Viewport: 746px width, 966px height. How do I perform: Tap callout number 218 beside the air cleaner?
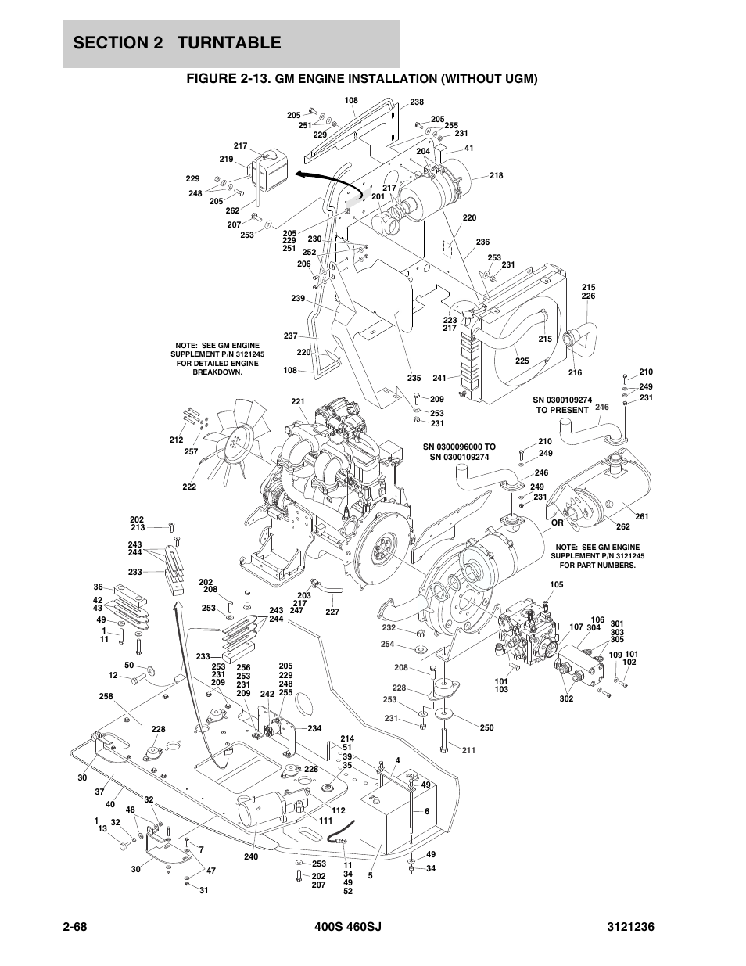coord(497,176)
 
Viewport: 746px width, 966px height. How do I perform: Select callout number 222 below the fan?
coord(189,487)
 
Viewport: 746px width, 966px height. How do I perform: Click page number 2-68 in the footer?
coord(81,926)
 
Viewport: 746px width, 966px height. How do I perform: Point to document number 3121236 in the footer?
coord(628,926)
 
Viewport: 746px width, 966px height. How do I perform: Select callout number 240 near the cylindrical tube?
coord(250,856)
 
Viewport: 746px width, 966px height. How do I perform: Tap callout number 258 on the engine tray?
coord(106,696)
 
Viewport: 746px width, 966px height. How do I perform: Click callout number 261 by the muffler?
coord(642,517)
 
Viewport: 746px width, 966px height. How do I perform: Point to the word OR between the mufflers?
coord(558,522)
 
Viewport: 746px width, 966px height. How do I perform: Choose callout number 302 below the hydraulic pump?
coord(566,698)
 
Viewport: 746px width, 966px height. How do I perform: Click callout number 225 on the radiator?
coord(522,361)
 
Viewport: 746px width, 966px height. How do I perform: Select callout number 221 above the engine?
coord(298,402)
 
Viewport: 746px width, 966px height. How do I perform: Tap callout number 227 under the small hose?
coord(332,612)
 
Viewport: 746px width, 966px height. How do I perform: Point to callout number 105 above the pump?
coord(556,585)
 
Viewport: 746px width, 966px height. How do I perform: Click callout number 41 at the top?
coord(469,148)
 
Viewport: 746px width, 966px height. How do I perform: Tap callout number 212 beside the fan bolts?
coord(176,440)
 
